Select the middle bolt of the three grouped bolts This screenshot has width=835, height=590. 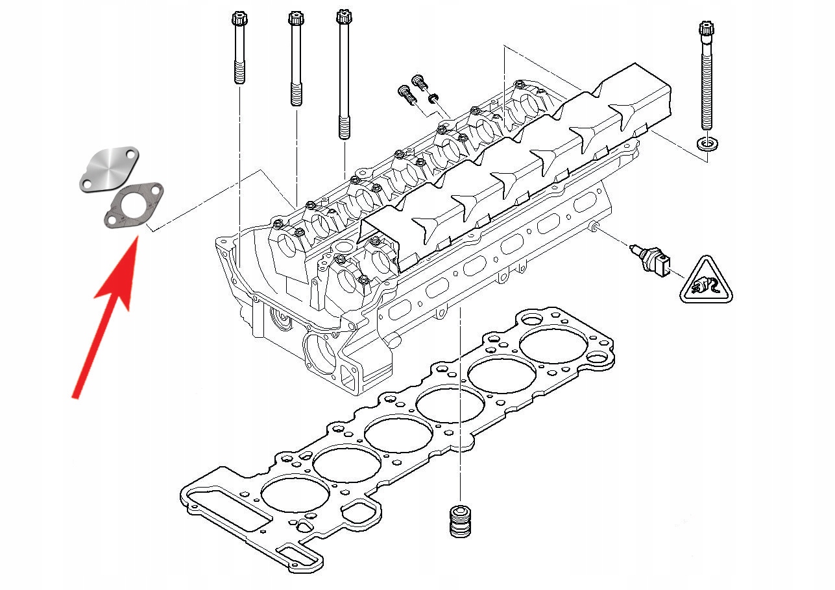(x=295, y=58)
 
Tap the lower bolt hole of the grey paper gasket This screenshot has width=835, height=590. (x=112, y=222)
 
